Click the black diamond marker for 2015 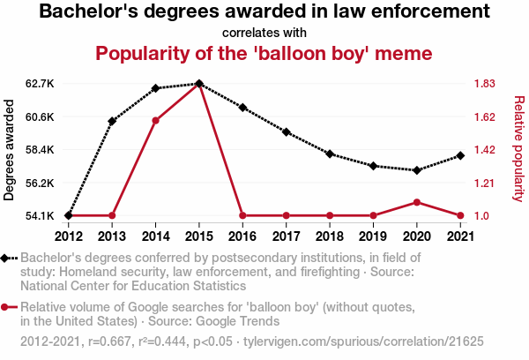coord(198,84)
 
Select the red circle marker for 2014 coord(155,120)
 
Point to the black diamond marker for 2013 coord(112,121)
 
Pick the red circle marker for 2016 coord(242,215)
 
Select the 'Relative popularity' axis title coord(518,150)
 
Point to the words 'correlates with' coord(264,33)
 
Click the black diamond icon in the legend coord(7,258)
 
